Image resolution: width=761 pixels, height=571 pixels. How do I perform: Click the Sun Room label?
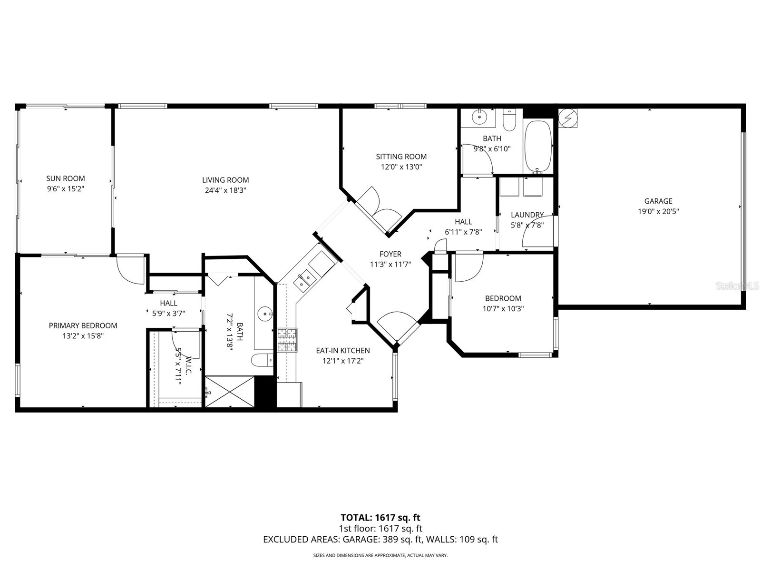tap(65, 178)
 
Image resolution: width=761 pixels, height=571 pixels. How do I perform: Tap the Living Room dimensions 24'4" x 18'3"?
tap(225, 190)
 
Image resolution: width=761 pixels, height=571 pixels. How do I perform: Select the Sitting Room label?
tap(401, 157)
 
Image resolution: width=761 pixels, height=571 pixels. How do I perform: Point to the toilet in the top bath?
tap(509, 121)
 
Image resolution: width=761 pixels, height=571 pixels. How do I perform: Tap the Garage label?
tap(658, 201)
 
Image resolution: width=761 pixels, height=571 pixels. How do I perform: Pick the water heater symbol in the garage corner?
tap(567, 118)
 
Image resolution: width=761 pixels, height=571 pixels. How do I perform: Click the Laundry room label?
tap(527, 215)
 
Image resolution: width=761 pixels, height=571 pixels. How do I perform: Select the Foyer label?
tap(390, 254)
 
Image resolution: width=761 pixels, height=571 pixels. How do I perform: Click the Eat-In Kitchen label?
tap(342, 351)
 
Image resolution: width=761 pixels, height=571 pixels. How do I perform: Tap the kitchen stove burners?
tap(287, 340)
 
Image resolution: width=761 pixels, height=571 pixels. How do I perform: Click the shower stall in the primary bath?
tap(230, 391)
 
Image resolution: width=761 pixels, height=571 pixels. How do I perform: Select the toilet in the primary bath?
tap(262, 361)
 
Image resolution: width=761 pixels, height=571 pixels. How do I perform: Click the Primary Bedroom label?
tap(83, 325)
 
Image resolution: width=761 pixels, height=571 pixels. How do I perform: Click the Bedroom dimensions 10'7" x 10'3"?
tap(503, 308)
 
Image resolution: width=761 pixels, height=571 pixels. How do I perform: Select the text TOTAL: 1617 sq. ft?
tap(380, 518)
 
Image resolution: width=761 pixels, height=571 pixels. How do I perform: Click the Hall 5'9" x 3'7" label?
tap(168, 303)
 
